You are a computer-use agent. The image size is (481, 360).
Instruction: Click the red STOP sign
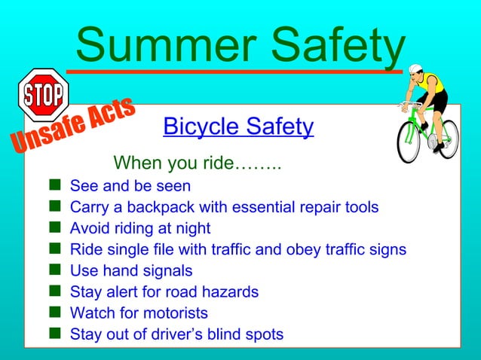pyautogui.click(x=44, y=95)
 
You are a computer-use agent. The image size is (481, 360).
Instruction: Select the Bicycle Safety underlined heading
pyautogui.click(x=238, y=127)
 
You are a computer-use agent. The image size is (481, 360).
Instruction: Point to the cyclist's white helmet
pyautogui.click(x=415, y=69)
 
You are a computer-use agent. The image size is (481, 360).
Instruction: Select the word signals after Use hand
pyautogui.click(x=167, y=270)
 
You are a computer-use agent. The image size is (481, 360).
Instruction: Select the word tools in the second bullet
pyautogui.click(x=360, y=207)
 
